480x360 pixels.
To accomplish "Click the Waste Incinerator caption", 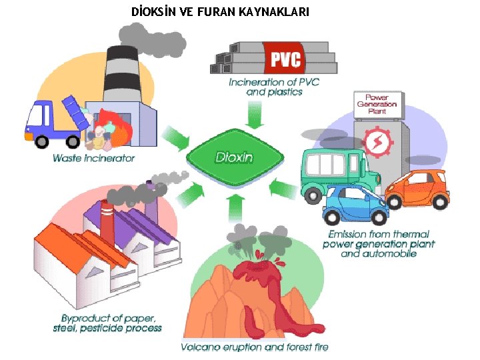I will coord(94,159).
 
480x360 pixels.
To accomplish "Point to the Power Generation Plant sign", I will coord(377,104).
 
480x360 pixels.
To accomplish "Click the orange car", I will coord(417,190).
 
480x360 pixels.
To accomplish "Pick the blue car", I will coord(356,205).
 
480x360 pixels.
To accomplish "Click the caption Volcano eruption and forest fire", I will coord(255,347).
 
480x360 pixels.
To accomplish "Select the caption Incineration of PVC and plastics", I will coord(274,87).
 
